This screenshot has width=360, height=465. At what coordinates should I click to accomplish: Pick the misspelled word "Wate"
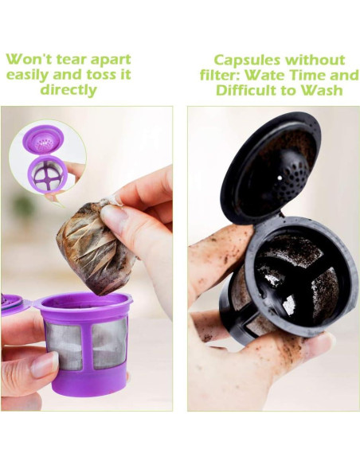point(267,76)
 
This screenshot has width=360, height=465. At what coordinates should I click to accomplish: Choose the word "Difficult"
point(247,90)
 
